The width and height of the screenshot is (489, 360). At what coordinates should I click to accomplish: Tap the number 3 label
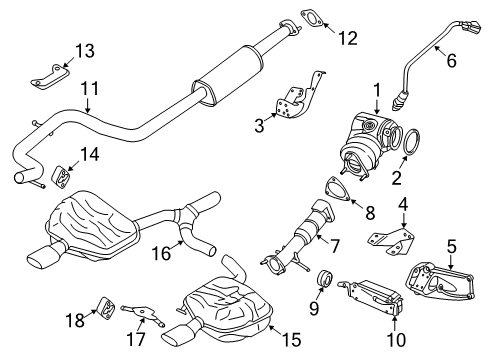point(260,126)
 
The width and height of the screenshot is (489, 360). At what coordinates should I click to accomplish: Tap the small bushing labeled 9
point(324,277)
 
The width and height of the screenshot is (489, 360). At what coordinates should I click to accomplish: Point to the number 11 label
point(90,89)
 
